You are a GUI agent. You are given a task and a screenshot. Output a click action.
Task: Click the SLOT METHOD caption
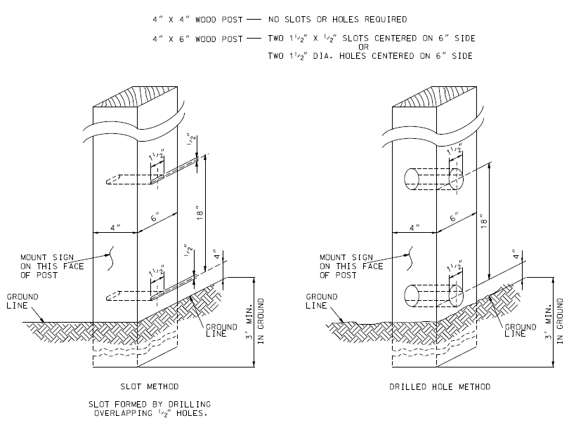point(148,386)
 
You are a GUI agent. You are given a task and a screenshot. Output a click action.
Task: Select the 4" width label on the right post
point(414,227)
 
